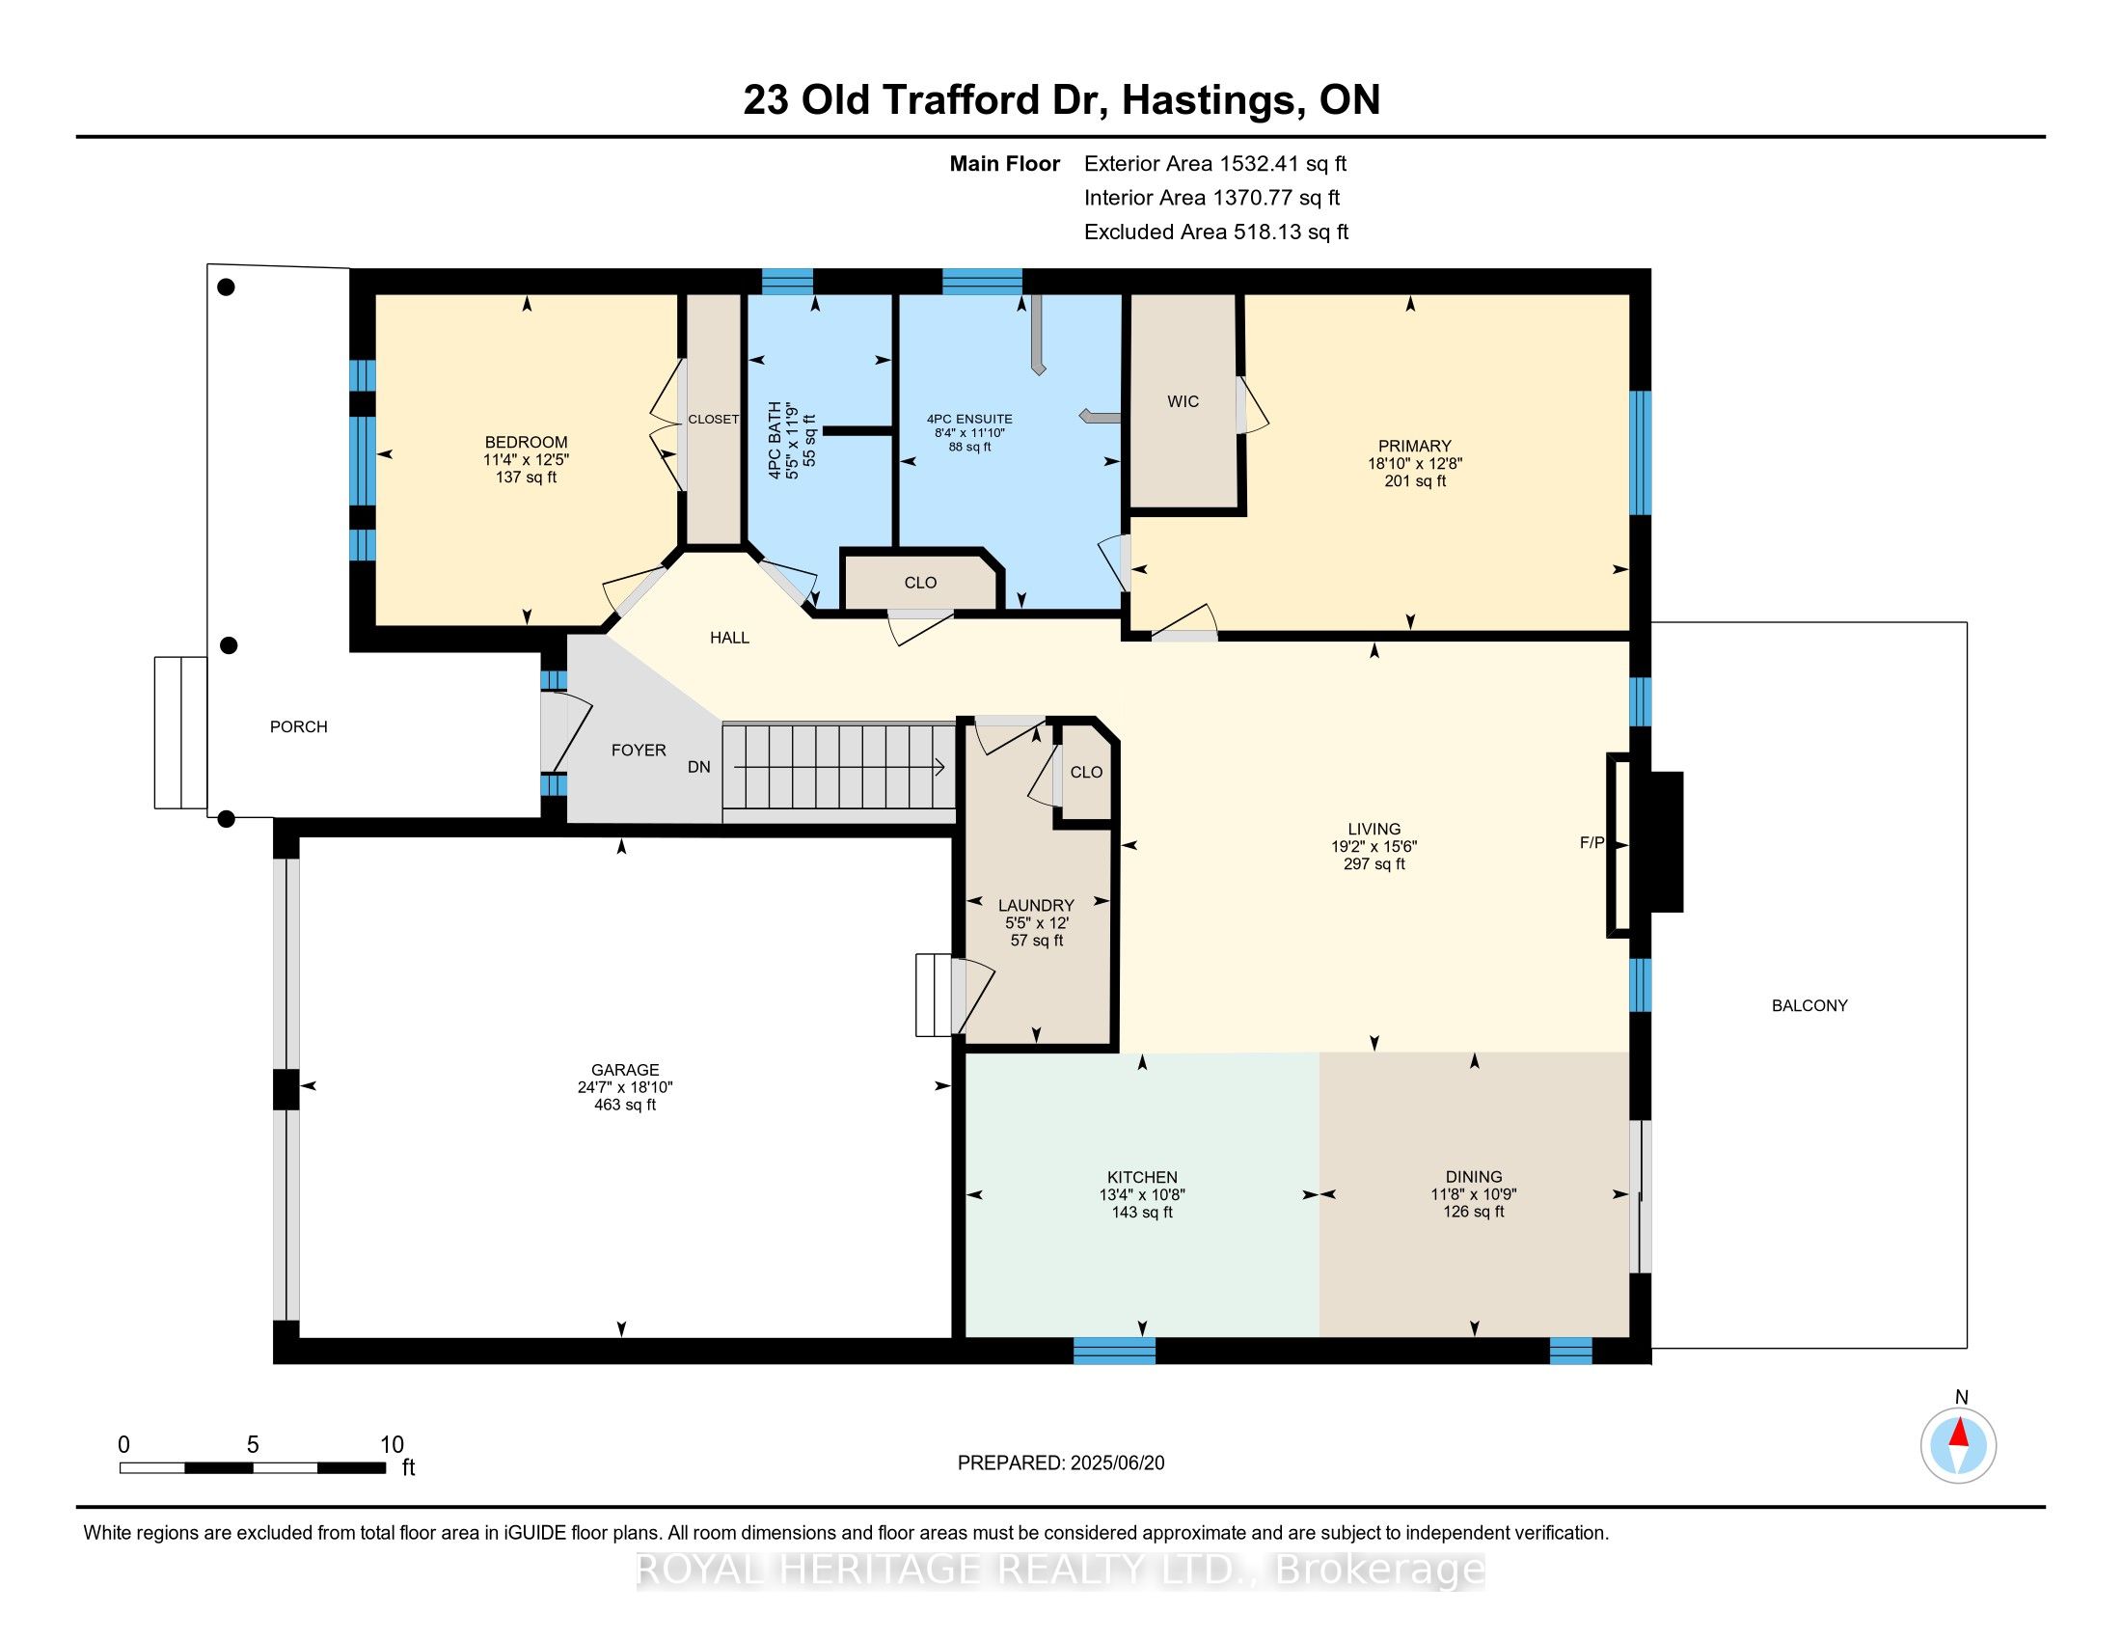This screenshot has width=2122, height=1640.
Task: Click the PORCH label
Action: (x=298, y=726)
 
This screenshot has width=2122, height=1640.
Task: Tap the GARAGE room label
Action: (x=625, y=1070)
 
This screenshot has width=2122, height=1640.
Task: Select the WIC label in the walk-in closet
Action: (x=1183, y=401)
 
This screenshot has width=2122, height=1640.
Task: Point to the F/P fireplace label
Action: (x=1591, y=843)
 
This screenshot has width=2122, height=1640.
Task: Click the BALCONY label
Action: (x=1809, y=1005)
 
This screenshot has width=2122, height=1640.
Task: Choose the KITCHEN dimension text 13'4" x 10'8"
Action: (x=1142, y=1195)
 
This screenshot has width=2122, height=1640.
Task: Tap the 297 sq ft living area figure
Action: (x=1374, y=863)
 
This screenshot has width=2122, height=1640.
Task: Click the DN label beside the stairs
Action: (x=698, y=767)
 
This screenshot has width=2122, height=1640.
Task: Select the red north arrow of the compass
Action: (x=1959, y=1433)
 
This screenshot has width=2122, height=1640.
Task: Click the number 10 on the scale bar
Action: (x=392, y=1444)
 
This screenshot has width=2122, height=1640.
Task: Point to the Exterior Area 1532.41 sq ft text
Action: (x=1215, y=163)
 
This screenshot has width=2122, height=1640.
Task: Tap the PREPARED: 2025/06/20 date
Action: (x=1061, y=1463)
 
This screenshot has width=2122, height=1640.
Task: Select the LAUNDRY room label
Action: (x=1036, y=906)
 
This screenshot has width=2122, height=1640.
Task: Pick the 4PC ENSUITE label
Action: (x=968, y=420)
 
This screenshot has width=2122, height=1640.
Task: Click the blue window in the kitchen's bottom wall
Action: (x=1114, y=1351)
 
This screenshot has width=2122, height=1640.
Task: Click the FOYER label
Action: (x=639, y=750)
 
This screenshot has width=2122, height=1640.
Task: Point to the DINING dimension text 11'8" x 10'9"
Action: (x=1473, y=1194)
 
